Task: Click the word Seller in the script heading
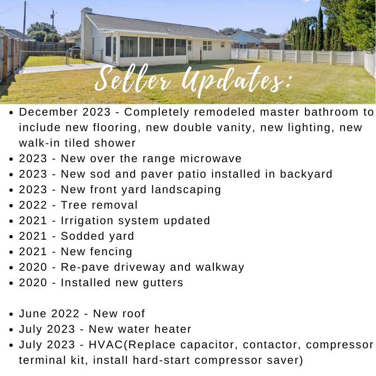coord(133,79)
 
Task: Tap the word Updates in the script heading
coord(233,80)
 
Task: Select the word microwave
coord(211,158)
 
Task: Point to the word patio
coord(192,174)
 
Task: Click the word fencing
coord(111,252)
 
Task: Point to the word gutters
coord(163,283)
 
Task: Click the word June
coord(32,313)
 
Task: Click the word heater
coord(172,329)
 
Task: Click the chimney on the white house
coord(86,11)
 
